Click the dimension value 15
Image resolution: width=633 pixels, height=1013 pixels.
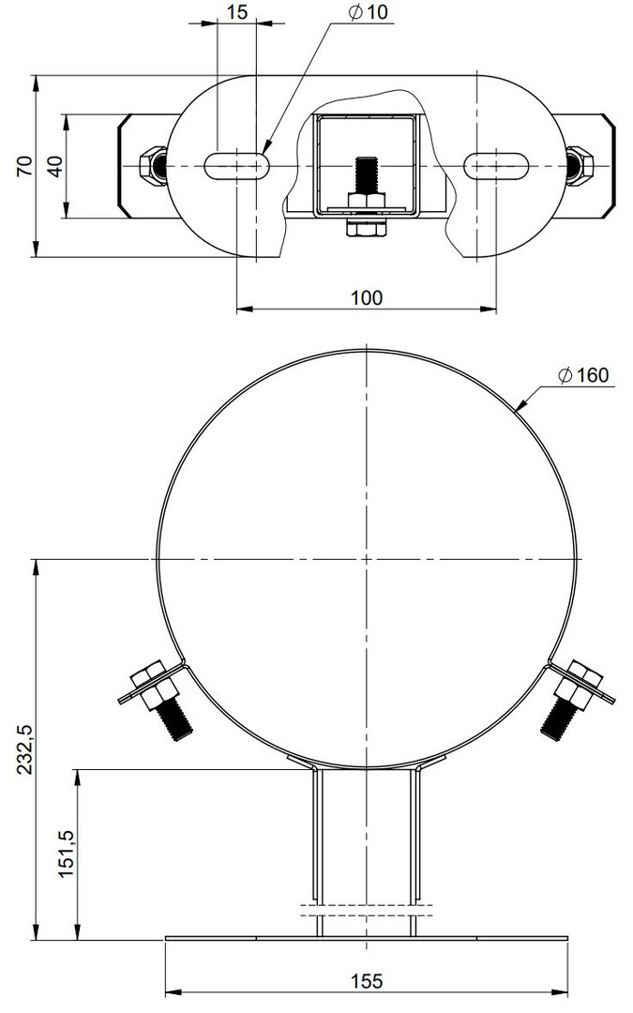click(237, 11)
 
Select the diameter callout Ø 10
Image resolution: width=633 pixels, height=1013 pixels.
click(369, 11)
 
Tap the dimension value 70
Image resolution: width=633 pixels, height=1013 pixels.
click(23, 166)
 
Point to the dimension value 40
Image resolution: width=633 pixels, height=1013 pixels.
click(55, 167)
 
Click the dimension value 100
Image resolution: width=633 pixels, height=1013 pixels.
click(367, 297)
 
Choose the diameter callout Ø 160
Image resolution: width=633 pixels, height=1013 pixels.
click(583, 374)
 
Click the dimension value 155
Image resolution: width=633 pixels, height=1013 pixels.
click(367, 981)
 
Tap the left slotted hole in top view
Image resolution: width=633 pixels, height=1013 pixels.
click(237, 166)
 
